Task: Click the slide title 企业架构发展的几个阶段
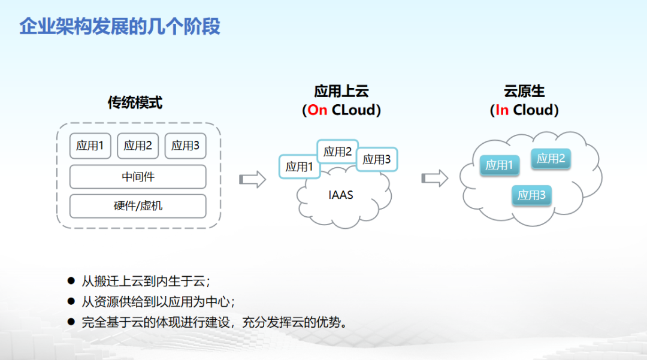click(120, 26)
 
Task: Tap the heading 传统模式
click(135, 102)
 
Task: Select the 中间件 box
click(138, 177)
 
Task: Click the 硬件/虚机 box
click(138, 206)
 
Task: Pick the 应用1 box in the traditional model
click(90, 146)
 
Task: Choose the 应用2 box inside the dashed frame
click(138, 146)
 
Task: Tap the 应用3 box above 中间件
click(185, 146)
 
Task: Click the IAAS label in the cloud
click(341, 195)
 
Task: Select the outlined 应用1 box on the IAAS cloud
click(299, 167)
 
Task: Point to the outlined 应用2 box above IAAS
click(337, 152)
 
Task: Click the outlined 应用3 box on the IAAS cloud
click(377, 159)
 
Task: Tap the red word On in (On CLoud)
click(318, 110)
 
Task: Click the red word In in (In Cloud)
click(502, 110)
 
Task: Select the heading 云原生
click(524, 92)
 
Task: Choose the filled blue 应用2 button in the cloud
click(551, 159)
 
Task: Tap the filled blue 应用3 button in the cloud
click(531, 195)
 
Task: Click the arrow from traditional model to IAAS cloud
click(252, 179)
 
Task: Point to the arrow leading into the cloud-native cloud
click(434, 178)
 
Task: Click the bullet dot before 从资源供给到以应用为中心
click(71, 301)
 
